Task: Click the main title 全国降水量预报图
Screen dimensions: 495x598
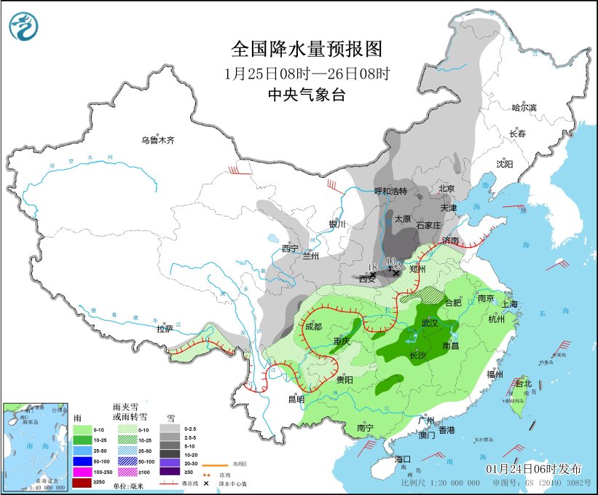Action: [307, 49]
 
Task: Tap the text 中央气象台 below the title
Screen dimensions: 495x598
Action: [306, 94]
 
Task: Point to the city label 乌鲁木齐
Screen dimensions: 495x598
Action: [159, 140]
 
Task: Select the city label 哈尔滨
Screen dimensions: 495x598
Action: [524, 108]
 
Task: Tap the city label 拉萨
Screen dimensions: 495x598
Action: [165, 329]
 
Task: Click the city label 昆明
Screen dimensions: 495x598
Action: [296, 399]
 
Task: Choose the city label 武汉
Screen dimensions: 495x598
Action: [430, 322]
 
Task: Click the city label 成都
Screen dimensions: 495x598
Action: [313, 327]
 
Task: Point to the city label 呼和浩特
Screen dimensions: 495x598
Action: [390, 191]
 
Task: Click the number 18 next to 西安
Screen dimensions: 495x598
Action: [372, 268]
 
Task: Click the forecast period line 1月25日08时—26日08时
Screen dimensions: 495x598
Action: [307, 73]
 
